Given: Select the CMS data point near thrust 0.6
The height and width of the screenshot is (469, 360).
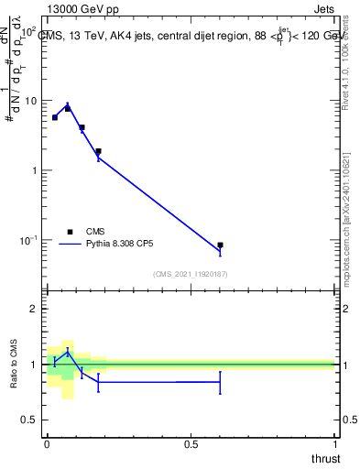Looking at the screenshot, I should (220, 245).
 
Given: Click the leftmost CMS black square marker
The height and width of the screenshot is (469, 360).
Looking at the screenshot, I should (55, 117).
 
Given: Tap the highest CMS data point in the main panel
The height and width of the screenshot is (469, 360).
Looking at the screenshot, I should (67, 109).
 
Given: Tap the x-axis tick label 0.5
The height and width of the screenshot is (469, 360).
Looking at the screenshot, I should (191, 443).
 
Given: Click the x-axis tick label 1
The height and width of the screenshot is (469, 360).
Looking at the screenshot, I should (334, 443).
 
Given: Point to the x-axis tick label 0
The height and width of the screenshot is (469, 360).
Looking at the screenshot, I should (47, 443).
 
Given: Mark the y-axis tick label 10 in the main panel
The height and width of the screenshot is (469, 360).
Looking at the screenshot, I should (29, 101).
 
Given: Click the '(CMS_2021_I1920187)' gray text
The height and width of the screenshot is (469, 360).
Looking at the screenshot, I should (190, 274).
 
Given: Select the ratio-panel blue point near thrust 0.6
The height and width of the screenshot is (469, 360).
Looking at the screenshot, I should (220, 382).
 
